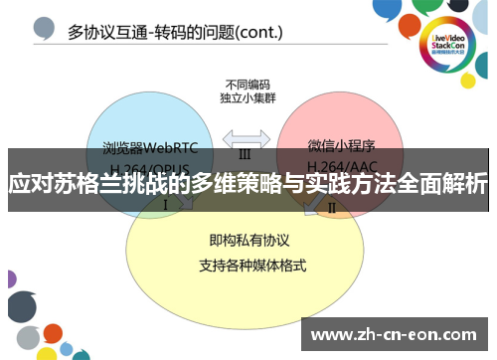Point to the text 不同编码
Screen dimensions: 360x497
pyautogui.click(x=245, y=85)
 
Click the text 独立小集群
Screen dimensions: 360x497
pyautogui.click(x=245, y=98)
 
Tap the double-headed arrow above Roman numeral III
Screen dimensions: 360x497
pyautogui.click(x=245, y=137)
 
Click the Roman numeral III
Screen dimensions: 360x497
pyautogui.click(x=245, y=154)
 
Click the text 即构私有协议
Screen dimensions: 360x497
pyautogui.click(x=243, y=241)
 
